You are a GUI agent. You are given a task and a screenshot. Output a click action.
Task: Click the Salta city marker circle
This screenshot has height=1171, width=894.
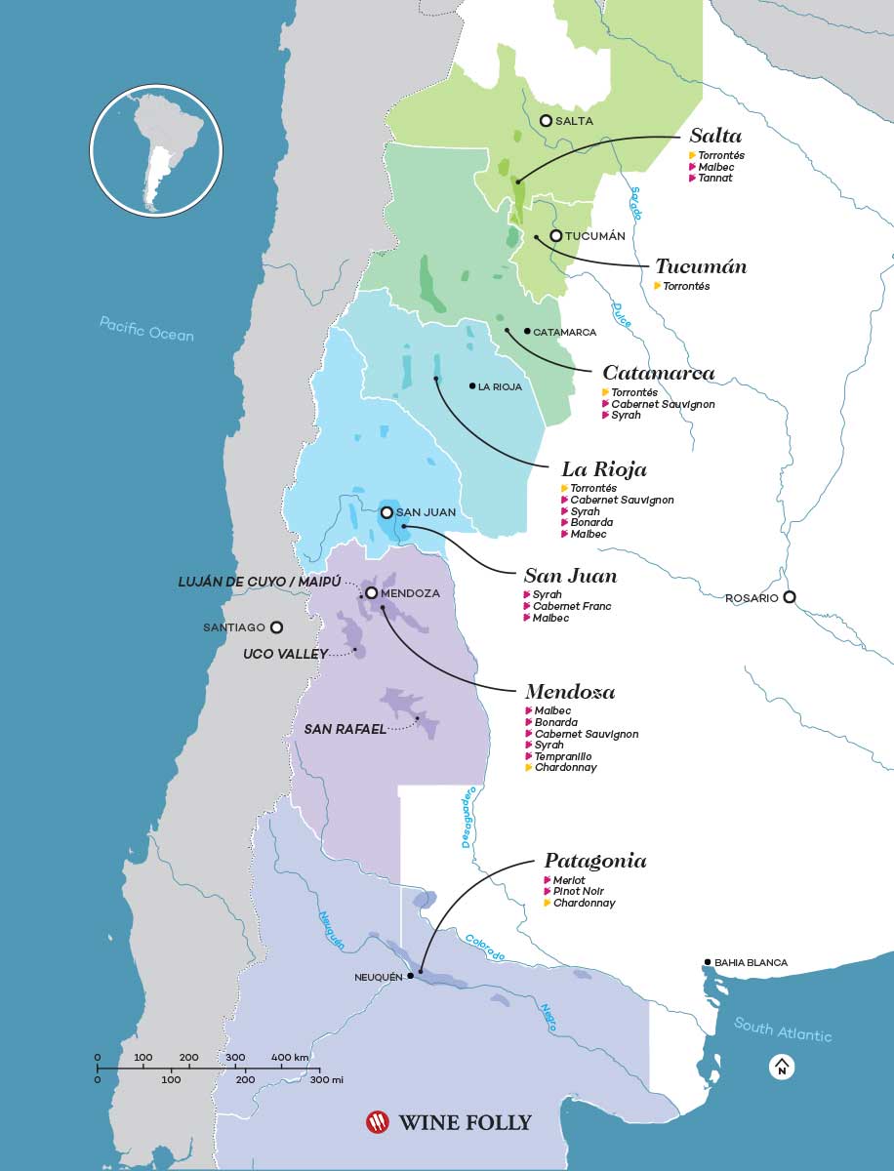(x=546, y=120)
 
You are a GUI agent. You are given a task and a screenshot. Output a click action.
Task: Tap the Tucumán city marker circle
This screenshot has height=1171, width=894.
(x=555, y=236)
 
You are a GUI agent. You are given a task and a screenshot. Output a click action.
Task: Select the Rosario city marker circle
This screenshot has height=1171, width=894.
(x=790, y=597)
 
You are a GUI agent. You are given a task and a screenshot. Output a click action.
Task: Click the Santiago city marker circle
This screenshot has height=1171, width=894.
(x=276, y=627)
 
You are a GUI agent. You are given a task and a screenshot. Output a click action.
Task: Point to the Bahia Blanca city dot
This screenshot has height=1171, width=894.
(x=708, y=963)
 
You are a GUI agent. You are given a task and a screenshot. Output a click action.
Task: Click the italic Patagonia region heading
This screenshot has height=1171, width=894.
(x=595, y=861)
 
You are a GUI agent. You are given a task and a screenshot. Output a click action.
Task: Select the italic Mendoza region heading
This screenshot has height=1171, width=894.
(x=569, y=692)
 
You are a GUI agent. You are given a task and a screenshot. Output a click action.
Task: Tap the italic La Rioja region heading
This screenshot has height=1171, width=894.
(x=604, y=469)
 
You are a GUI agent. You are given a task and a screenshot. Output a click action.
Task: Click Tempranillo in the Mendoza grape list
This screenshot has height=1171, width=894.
(x=562, y=756)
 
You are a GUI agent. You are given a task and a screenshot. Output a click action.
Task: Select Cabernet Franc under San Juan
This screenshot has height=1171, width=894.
(x=572, y=606)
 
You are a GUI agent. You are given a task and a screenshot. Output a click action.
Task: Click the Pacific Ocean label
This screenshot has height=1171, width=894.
(x=146, y=329)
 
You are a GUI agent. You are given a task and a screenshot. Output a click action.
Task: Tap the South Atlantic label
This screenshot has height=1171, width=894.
(x=783, y=1030)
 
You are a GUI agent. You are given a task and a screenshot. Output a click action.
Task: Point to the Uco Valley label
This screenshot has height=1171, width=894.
(x=285, y=654)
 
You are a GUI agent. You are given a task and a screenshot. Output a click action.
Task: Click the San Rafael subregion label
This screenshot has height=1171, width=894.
(x=345, y=728)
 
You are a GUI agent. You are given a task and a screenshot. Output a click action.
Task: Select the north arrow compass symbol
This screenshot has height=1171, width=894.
(x=782, y=1068)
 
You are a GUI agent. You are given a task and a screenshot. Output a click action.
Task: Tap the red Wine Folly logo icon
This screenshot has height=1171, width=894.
(x=377, y=1122)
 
